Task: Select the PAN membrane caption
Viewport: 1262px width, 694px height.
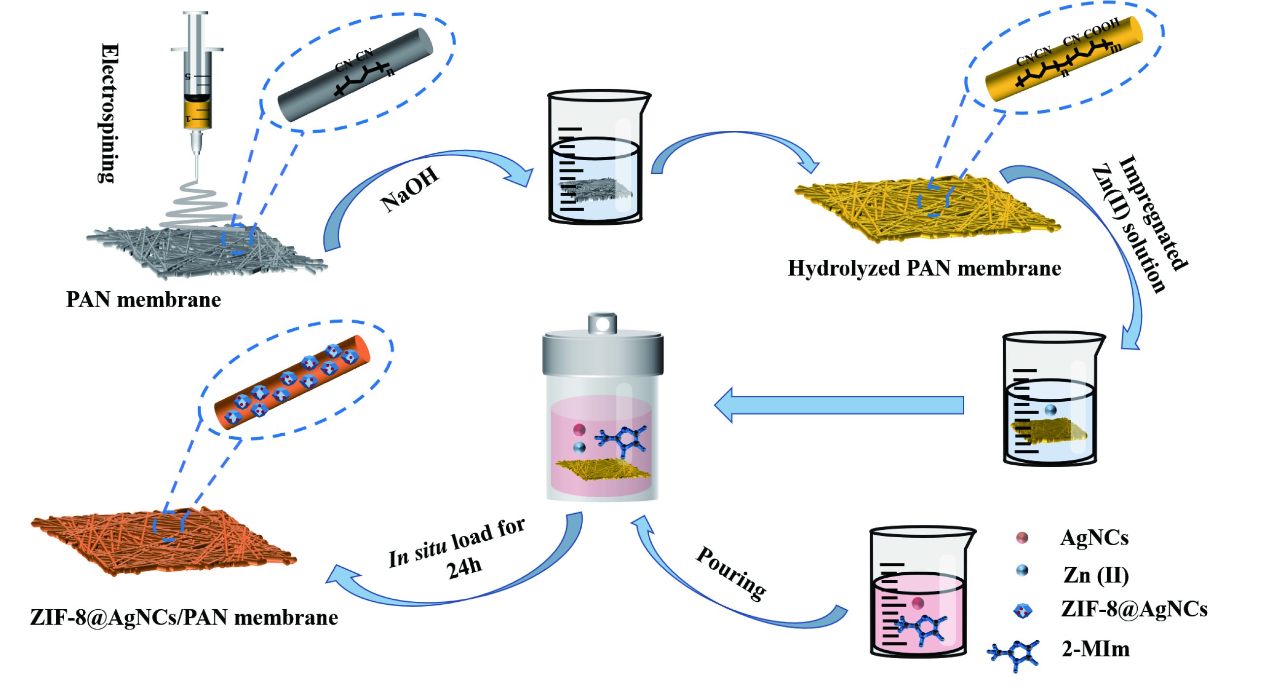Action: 143,300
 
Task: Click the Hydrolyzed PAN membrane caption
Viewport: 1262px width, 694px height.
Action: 924,269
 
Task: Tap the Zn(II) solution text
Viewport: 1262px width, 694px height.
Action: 1129,230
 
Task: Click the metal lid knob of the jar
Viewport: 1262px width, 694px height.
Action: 602,323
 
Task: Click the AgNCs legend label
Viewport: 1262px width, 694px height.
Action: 1094,538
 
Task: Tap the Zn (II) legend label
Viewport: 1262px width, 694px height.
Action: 1096,575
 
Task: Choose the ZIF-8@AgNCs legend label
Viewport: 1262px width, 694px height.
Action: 1134,609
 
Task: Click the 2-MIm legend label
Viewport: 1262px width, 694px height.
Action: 1095,649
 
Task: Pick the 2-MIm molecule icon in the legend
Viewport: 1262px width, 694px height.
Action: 1014,655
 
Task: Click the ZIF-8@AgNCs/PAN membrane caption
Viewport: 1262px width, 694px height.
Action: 184,618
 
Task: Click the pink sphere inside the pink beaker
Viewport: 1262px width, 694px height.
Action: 917,603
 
